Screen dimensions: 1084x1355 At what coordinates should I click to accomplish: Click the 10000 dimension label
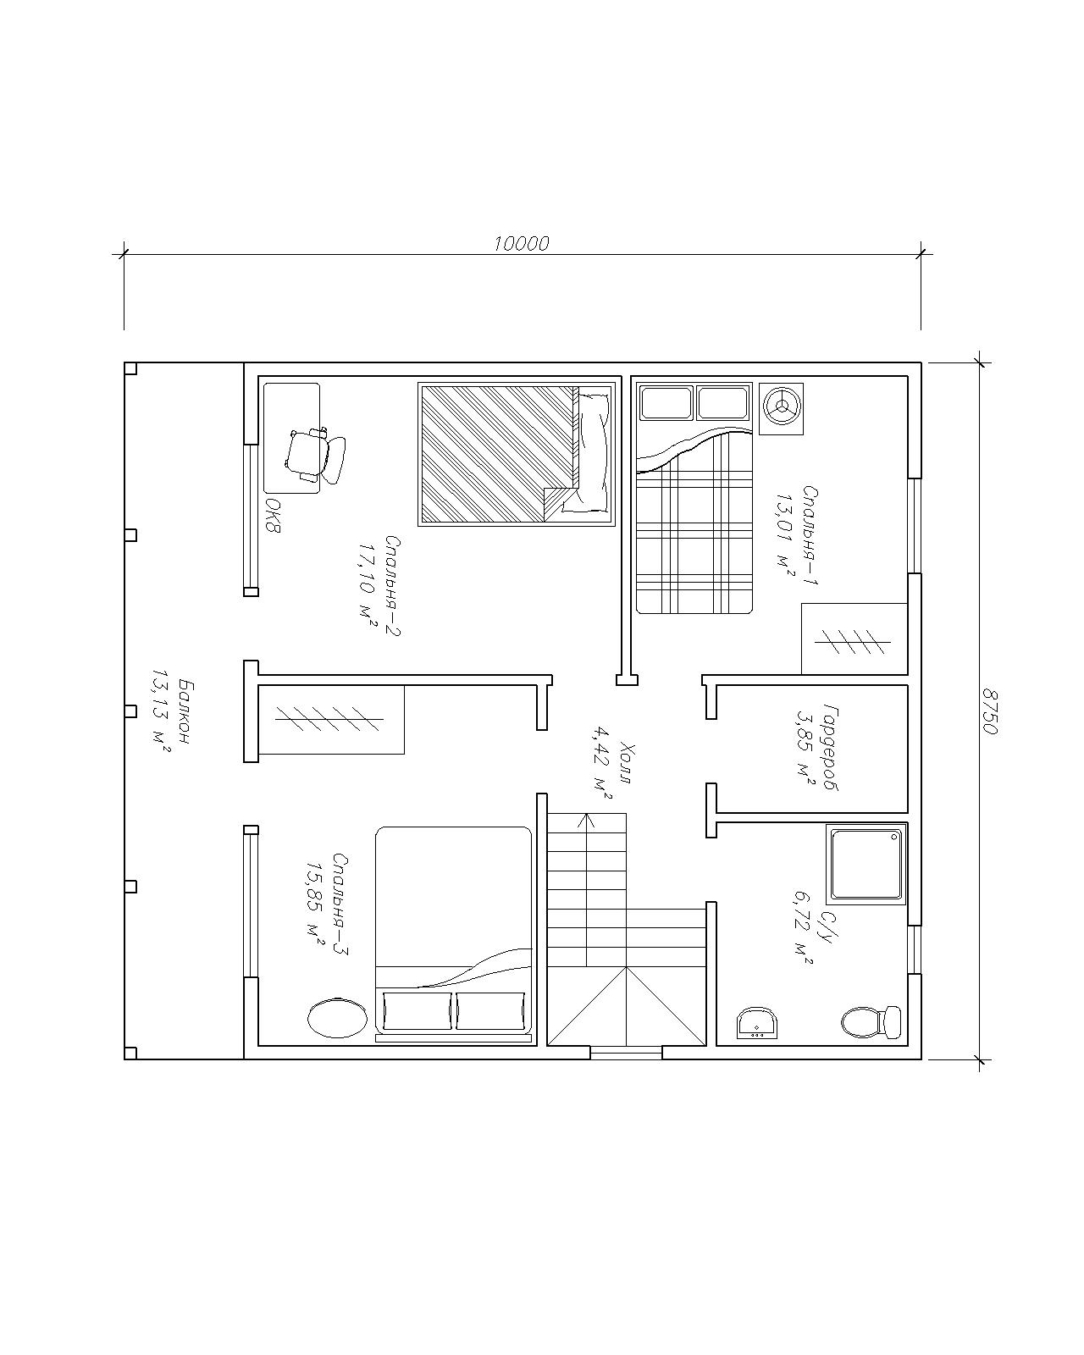(x=521, y=243)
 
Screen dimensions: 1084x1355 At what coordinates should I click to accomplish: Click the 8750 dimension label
(x=989, y=711)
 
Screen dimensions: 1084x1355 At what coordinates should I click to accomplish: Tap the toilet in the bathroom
(x=871, y=1021)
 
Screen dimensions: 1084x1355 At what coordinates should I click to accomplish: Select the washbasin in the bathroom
(x=756, y=1022)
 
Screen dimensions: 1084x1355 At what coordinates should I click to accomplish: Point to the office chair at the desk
(x=315, y=455)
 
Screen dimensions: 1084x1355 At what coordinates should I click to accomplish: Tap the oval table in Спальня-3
(x=338, y=1018)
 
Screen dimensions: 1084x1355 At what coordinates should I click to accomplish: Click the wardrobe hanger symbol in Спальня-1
(x=853, y=642)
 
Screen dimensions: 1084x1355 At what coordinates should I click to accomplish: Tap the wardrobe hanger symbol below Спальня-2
(x=329, y=718)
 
